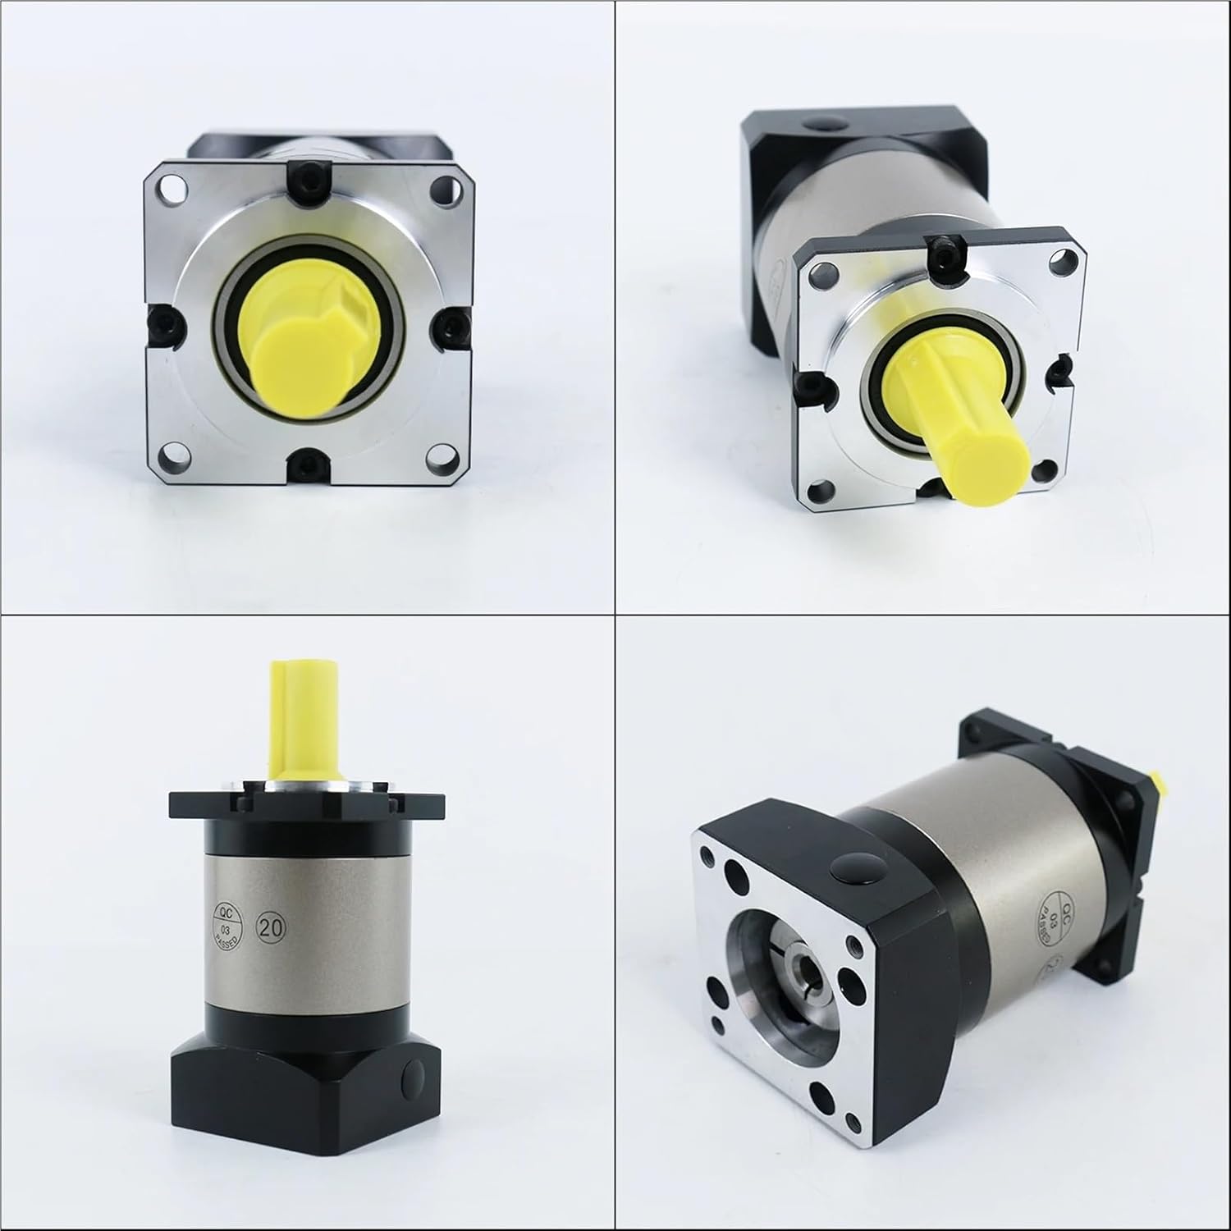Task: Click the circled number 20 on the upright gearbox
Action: tap(271, 927)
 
